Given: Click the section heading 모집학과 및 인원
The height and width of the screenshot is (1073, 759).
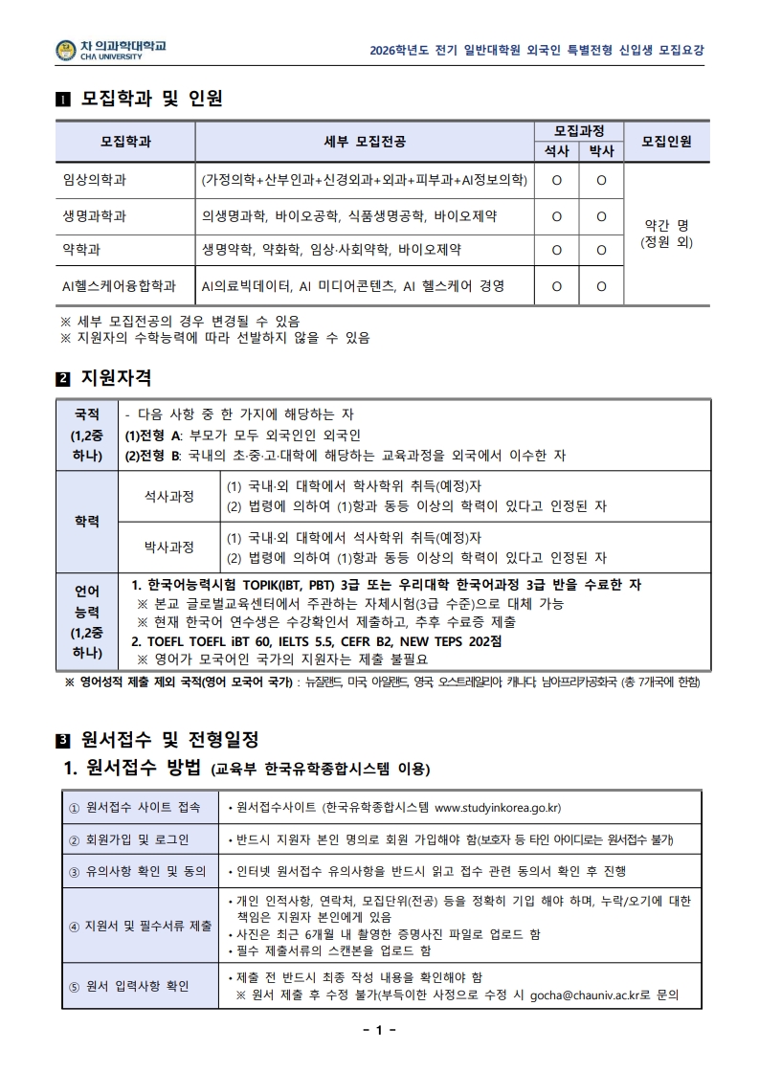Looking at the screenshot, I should coord(152,99).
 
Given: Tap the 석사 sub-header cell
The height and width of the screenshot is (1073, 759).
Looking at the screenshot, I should coord(556,151).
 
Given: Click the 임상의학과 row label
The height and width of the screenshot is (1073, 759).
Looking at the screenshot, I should coord(95,179).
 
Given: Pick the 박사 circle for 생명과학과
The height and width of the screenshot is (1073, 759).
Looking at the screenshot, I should coord(601,215).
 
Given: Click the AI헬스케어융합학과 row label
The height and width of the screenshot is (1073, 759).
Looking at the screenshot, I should coord(119,285).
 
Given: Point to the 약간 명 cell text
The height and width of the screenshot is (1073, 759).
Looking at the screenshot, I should coord(666,225).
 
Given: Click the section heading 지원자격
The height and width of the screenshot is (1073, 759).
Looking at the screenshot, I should coord(117,379).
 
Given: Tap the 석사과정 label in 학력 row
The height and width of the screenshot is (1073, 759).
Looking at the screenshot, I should coord(168,496).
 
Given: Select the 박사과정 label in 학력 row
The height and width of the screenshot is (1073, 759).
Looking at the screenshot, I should coord(168,547).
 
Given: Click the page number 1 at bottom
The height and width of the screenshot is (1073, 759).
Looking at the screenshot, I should coord(379,1030).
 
